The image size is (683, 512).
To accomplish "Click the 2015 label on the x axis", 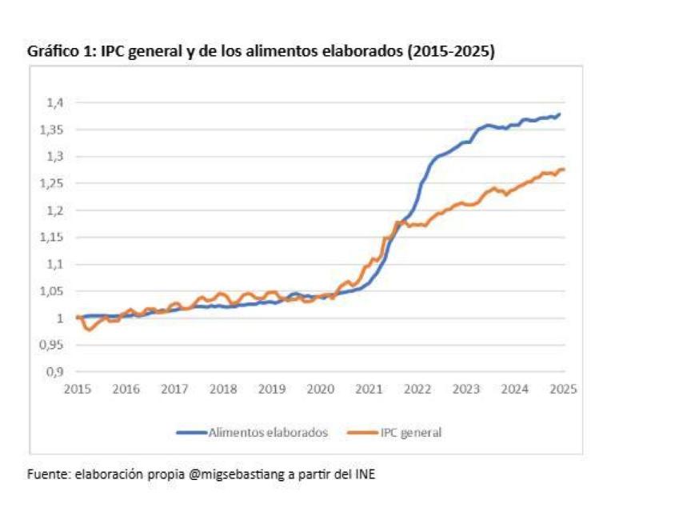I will pos(78,390).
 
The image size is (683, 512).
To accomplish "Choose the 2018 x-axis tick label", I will pos(223,390).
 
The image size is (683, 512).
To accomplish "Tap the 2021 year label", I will pos(369,390).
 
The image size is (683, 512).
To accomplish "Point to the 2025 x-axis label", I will pos(563,390).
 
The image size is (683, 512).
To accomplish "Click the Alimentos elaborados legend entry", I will pos(268,432).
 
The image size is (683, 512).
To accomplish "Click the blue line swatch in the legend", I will pos(191,432).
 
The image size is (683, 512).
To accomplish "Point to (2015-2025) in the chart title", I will pos(449,51).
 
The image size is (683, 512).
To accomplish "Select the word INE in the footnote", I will pos(363,474).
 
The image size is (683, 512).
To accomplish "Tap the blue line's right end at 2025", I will pos(559,114).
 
